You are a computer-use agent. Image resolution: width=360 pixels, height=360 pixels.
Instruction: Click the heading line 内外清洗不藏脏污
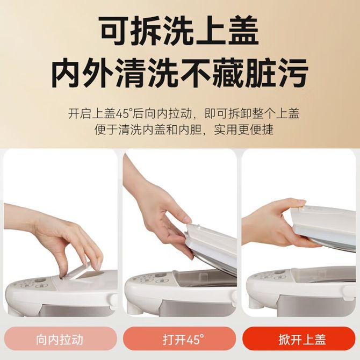[180, 73]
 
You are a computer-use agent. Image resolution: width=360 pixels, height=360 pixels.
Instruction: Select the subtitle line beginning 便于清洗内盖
[184, 130]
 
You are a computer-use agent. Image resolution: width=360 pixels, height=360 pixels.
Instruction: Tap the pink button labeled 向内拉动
[60, 340]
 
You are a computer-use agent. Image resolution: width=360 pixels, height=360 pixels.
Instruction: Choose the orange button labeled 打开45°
[180, 340]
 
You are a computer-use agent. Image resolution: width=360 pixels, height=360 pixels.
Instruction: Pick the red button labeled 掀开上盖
[299, 340]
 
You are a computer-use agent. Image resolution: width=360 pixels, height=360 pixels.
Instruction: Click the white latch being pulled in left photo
[81, 270]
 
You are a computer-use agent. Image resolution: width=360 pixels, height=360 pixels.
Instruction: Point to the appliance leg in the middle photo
[134, 309]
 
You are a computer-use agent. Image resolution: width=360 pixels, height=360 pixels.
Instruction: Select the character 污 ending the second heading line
[292, 73]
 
